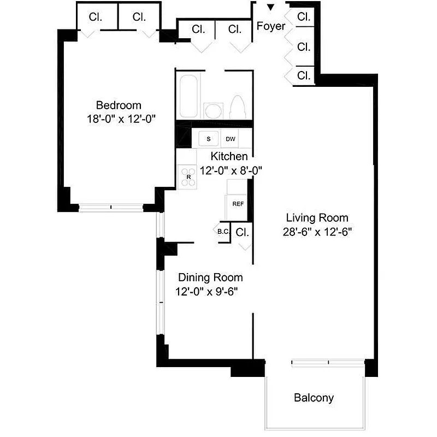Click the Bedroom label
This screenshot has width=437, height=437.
point(119,105)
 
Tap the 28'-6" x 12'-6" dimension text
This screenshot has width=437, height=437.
point(317,231)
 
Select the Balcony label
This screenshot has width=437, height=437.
point(314,398)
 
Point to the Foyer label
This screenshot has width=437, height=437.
point(271,26)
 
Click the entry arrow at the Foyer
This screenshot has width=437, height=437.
point(270,7)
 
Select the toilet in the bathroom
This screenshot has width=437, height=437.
point(238,107)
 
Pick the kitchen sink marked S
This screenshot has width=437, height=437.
point(208,139)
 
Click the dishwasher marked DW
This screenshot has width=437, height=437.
point(231,139)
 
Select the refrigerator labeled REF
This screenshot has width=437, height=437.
point(238,204)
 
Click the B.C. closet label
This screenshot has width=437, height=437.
point(223,232)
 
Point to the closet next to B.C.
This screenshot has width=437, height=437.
point(243,232)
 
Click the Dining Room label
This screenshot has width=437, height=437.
point(210,277)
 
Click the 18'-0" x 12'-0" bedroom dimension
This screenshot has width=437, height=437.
point(119,119)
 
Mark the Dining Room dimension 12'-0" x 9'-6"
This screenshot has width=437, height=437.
point(210,291)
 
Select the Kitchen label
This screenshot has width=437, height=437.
point(229,156)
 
